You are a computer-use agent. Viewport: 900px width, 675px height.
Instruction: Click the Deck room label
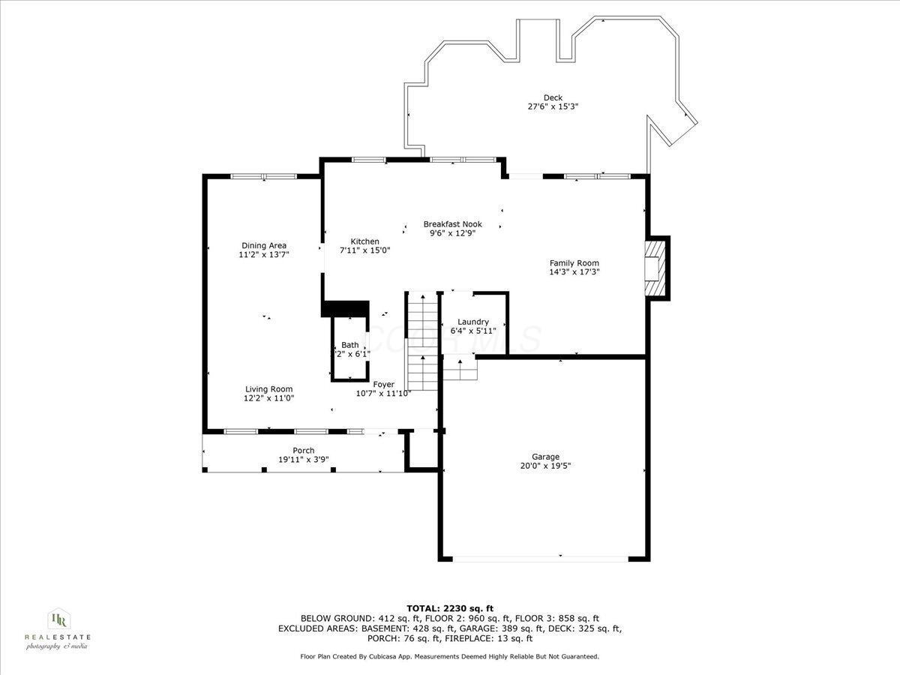click(x=553, y=97)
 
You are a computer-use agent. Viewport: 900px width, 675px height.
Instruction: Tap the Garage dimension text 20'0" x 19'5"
click(x=545, y=466)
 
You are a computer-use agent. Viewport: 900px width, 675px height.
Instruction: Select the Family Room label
click(x=574, y=263)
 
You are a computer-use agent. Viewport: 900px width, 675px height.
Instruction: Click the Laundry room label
click(x=473, y=322)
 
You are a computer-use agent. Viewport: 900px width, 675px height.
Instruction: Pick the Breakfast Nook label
click(x=452, y=224)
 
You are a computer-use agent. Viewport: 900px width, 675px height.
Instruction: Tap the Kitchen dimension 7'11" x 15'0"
click(x=364, y=250)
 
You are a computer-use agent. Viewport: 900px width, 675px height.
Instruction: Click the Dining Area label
click(x=263, y=245)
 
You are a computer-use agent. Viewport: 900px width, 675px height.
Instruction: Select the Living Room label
click(x=268, y=389)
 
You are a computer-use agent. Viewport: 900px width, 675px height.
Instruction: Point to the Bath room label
click(x=350, y=345)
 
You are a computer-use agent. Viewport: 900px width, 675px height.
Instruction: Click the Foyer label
click(x=383, y=385)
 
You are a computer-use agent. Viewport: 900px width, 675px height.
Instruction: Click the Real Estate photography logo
click(x=57, y=628)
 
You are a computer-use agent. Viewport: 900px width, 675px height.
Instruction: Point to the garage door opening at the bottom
click(x=540, y=559)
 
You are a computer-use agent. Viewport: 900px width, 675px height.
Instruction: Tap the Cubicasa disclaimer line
click(x=450, y=656)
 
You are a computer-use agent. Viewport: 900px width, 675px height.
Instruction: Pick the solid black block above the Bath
click(x=346, y=308)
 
